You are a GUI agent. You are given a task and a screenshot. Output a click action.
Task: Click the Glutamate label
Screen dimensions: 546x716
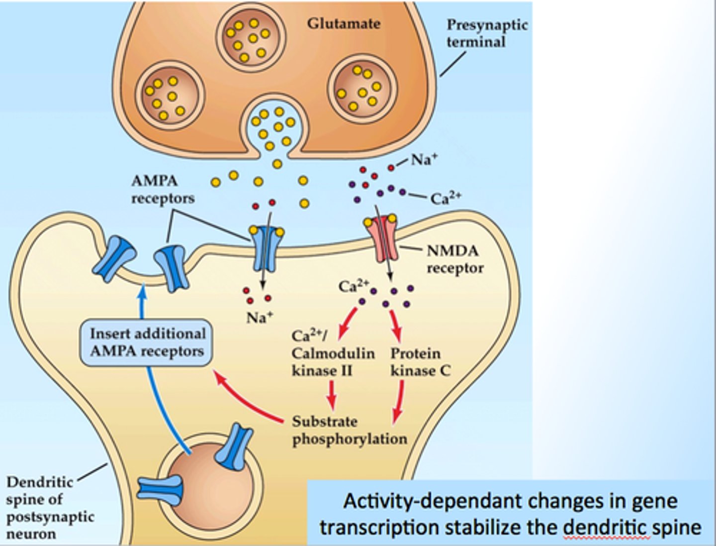(x=343, y=23)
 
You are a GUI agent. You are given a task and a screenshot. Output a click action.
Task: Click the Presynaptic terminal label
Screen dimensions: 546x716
(x=486, y=33)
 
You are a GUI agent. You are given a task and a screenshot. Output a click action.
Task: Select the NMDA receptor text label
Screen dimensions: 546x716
(x=454, y=259)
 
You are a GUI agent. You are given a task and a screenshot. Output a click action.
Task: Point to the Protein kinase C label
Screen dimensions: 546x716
(x=420, y=362)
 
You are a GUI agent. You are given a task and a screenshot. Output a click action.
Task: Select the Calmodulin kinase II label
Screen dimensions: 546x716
(x=332, y=353)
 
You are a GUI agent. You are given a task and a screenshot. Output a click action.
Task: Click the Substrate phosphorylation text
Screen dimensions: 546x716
(x=349, y=431)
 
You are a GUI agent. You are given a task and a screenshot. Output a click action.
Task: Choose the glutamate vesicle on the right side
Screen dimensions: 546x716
(x=361, y=89)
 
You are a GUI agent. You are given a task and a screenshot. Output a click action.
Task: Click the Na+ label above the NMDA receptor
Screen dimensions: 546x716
(x=424, y=160)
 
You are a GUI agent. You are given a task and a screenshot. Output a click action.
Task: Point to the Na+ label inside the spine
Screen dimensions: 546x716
(x=260, y=317)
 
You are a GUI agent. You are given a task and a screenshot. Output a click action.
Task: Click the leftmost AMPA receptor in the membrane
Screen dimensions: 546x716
(x=114, y=258)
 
